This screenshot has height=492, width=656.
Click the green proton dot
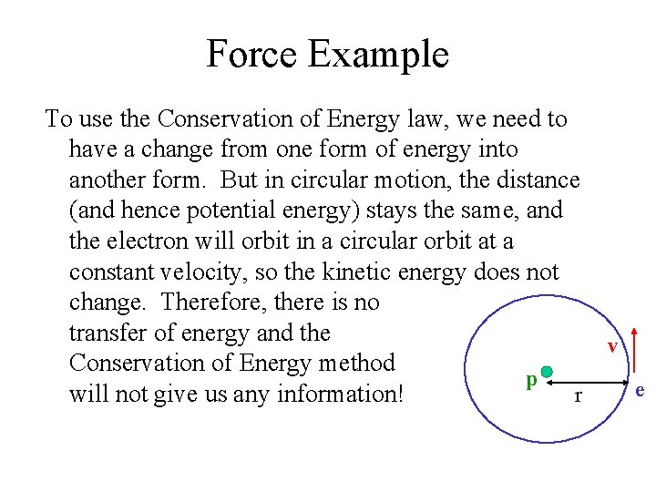coord(548,372)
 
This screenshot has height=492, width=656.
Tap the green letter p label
coord(530,380)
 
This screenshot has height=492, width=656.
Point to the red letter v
coord(613,347)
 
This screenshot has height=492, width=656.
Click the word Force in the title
coord(251,54)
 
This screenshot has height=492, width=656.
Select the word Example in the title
coord(378,55)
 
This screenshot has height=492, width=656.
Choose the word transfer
coord(112,333)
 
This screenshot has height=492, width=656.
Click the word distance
coord(534,179)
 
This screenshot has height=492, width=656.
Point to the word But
coord(241,179)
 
